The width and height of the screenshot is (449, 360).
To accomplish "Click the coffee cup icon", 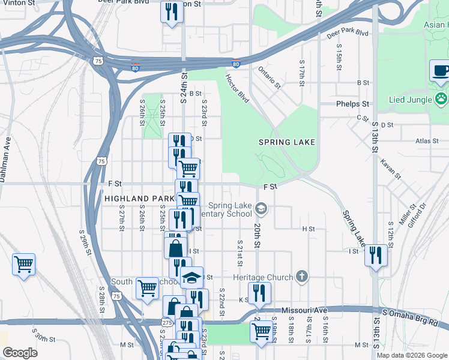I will pyautogui.click(x=441, y=71).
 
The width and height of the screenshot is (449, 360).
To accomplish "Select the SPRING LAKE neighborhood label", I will pyautogui.click(x=286, y=142).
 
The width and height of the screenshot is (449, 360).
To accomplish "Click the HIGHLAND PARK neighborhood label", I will pyautogui.click(x=139, y=198).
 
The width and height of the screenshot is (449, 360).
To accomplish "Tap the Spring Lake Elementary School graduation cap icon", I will pyautogui.click(x=261, y=209).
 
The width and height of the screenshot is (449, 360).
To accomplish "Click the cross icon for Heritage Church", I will pyautogui.click(x=301, y=277).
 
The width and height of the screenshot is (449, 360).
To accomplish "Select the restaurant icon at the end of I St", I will pyautogui.click(x=376, y=255).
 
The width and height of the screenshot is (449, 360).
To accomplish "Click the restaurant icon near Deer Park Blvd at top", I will pyautogui.click(x=172, y=11).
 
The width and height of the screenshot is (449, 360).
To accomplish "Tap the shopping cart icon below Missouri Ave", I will pyautogui.click(x=261, y=331).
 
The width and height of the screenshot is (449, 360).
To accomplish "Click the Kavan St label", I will pyautogui.click(x=390, y=169).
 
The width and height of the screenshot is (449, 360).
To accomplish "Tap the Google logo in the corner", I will pyautogui.click(x=20, y=353).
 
